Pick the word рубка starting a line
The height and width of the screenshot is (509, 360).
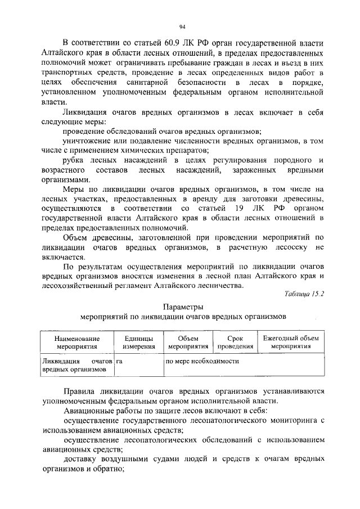point(74,161)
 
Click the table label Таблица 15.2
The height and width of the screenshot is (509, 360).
point(305,294)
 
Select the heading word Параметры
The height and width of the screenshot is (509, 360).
point(182,307)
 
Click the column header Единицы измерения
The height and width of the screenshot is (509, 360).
point(136,343)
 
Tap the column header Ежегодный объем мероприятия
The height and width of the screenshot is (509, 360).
point(290,343)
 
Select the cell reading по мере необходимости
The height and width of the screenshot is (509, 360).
point(202,361)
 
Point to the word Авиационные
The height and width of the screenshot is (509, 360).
point(88,411)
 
